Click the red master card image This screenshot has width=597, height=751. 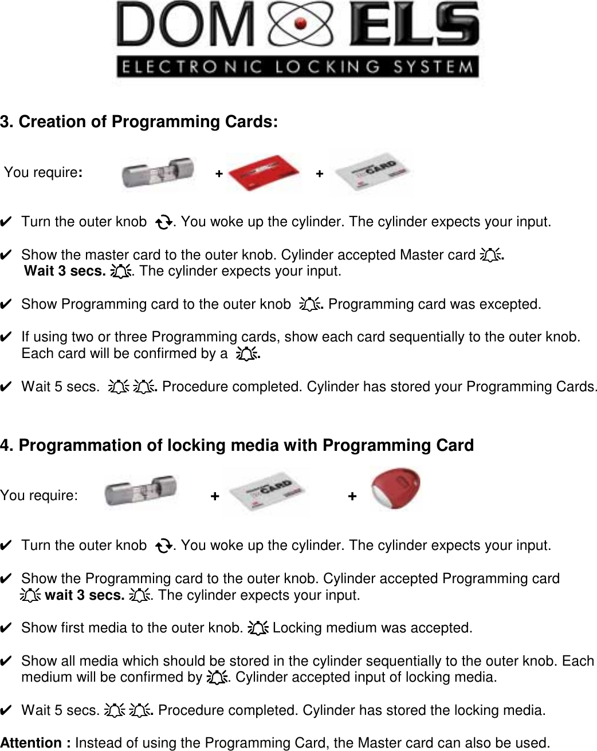point(264,172)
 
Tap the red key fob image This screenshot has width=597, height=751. point(396,490)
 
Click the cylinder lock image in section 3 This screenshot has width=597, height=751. point(158,172)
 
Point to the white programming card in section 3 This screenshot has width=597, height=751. point(372,173)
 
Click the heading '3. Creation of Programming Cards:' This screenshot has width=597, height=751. point(139,122)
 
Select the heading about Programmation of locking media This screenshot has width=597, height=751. point(237,445)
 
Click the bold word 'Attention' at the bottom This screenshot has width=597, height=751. point(36,743)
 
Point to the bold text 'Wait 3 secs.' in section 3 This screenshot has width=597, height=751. point(65,271)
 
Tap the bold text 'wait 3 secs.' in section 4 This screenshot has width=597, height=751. point(84,595)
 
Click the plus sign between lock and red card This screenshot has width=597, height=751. point(219,173)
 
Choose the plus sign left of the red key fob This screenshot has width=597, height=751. point(352,496)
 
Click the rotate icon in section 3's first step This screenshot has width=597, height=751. point(163,222)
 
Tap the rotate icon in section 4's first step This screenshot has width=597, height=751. point(163,546)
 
